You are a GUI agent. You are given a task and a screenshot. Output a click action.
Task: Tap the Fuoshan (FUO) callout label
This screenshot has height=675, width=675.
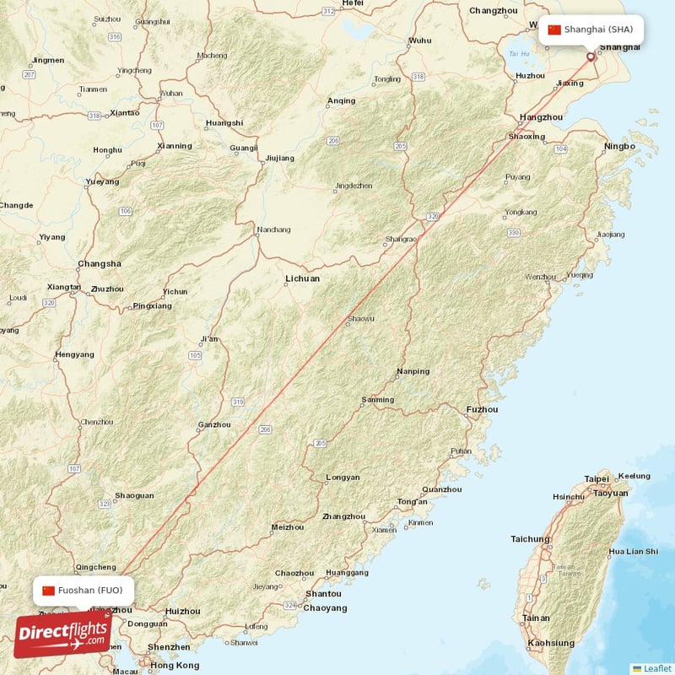click(84, 590)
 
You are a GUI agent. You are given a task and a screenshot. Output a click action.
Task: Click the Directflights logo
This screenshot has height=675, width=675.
click(62, 635)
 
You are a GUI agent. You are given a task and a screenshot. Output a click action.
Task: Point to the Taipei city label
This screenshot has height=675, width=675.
click(597, 479)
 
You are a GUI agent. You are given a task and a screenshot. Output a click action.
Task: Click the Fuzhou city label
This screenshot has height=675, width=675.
click(482, 410)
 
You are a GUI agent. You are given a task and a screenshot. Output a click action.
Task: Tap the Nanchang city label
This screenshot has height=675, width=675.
click(274, 229)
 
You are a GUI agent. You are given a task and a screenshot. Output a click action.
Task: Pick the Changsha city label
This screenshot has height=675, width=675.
click(99, 263)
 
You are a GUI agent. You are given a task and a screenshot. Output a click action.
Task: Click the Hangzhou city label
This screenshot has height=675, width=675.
click(541, 117)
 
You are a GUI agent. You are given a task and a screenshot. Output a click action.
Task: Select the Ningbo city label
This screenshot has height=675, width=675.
click(620, 146)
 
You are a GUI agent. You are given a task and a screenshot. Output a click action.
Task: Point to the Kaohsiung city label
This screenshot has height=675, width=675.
click(551, 643)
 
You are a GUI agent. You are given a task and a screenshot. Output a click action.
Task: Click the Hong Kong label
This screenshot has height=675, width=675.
click(175, 666)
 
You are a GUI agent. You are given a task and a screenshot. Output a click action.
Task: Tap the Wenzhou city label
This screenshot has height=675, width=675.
click(540, 277)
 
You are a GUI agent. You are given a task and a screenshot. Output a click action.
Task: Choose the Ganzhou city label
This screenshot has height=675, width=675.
click(214, 424)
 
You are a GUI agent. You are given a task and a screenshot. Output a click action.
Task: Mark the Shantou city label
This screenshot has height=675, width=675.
click(323, 594)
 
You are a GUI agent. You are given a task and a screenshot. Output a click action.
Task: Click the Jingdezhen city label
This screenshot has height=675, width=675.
click(354, 186)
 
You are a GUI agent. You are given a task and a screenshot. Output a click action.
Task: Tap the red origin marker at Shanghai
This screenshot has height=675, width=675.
click(591, 57)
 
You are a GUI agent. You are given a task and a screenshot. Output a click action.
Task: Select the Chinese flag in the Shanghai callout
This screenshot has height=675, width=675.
click(554, 30)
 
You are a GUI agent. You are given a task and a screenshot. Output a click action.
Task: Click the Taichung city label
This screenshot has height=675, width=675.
click(530, 539)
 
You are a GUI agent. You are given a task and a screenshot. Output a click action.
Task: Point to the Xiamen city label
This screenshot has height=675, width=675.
click(384, 530)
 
